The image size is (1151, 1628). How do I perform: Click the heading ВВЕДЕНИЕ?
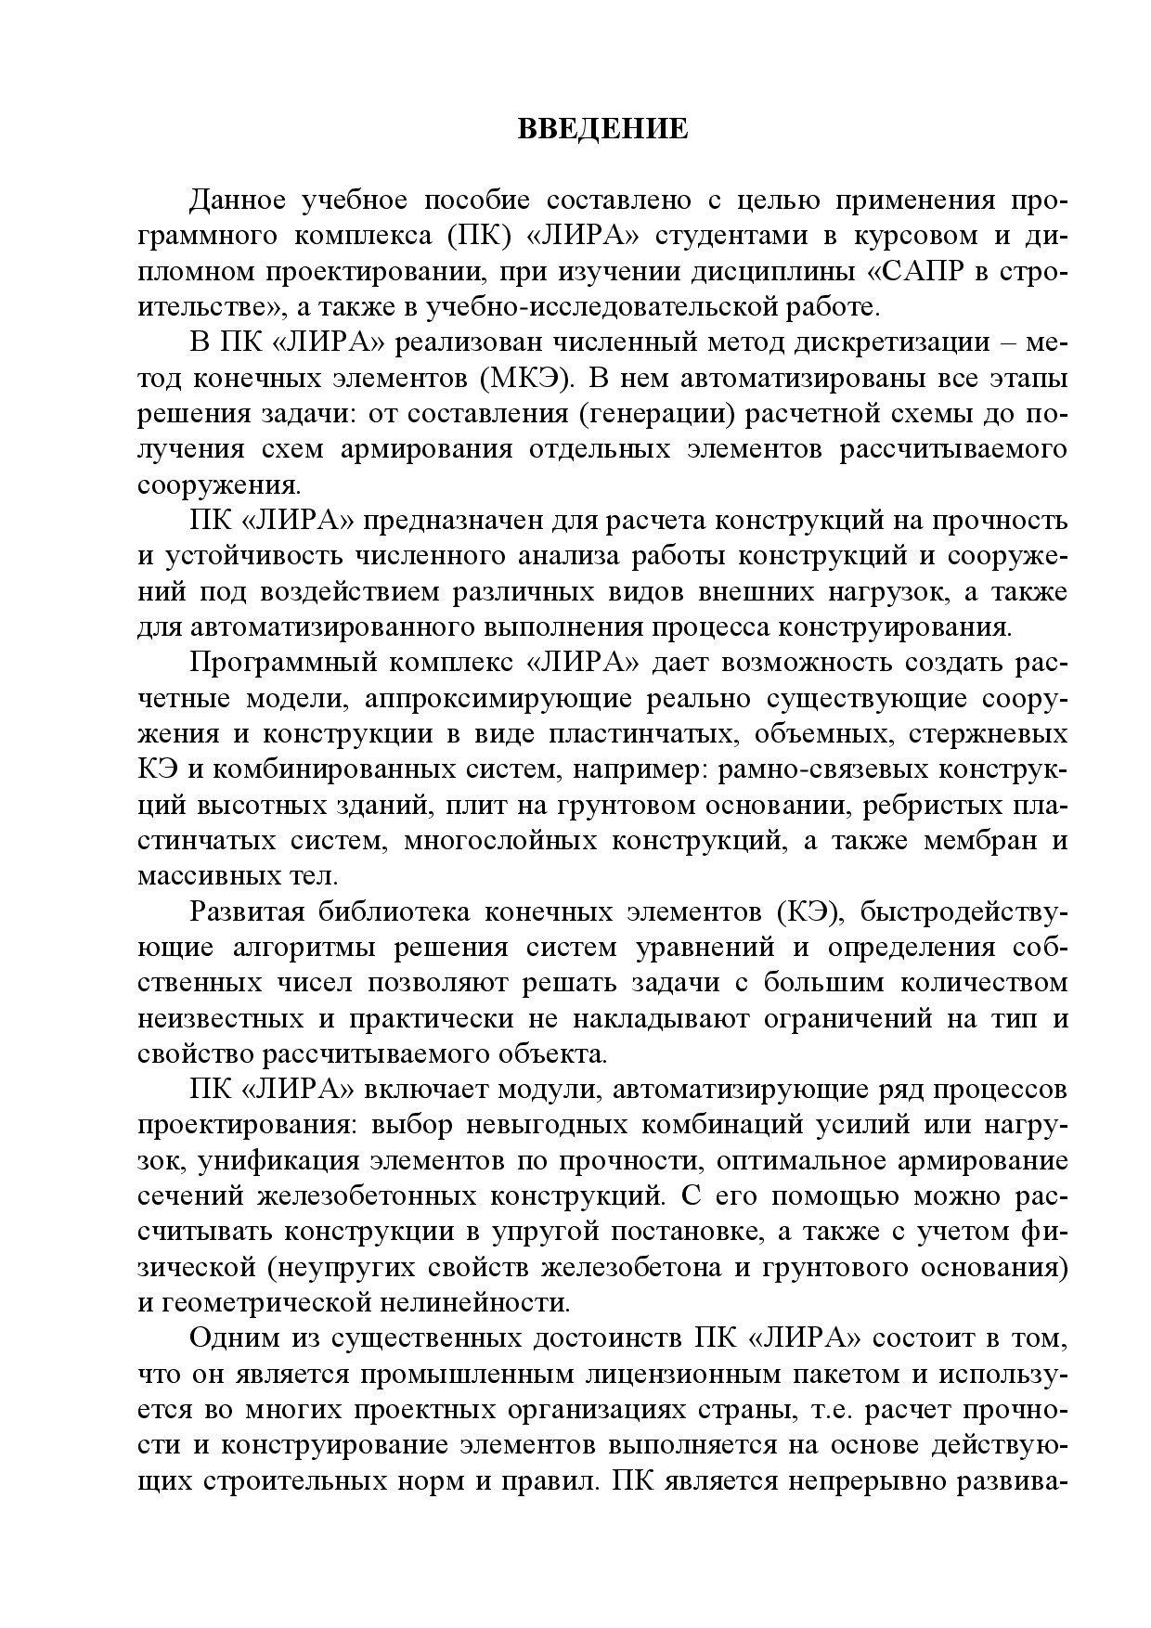point(602,129)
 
